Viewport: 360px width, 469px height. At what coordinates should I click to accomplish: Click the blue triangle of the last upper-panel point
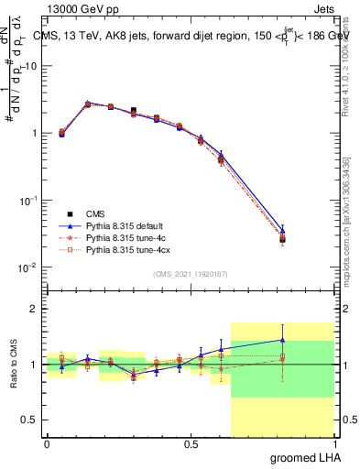282,230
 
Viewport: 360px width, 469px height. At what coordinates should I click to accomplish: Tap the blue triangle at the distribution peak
88,104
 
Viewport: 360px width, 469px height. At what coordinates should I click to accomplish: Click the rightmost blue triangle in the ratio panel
282,340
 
